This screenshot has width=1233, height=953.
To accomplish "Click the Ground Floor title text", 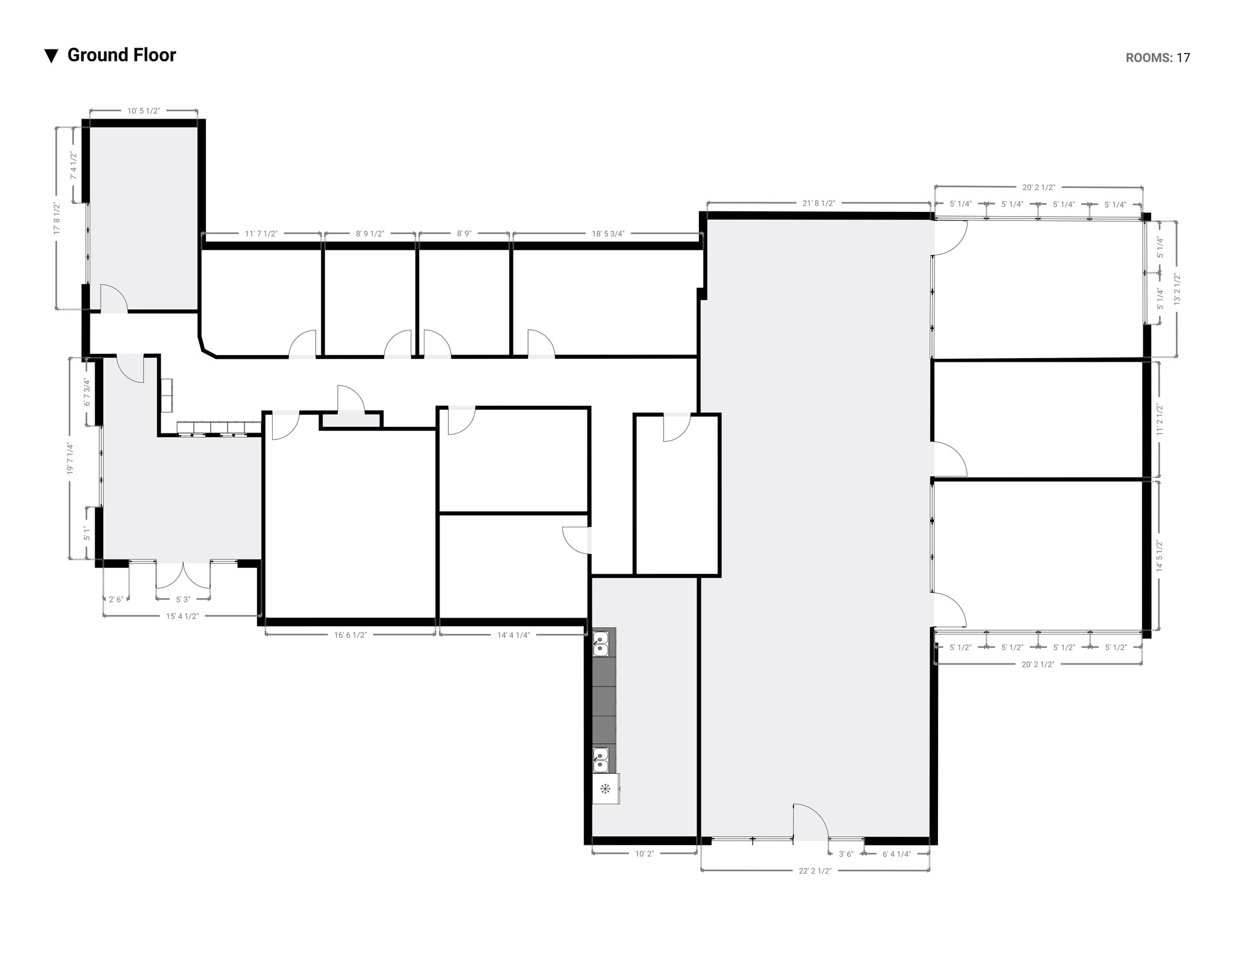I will pyautogui.click(x=121, y=55).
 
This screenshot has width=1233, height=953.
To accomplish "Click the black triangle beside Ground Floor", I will pyautogui.click(x=51, y=56).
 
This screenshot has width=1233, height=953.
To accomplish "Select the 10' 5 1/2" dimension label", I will pyautogui.click(x=143, y=111).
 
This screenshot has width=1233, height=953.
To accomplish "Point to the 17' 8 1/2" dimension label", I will pyautogui.click(x=57, y=221).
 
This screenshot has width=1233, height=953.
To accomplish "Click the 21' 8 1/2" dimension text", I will pyautogui.click(x=819, y=203).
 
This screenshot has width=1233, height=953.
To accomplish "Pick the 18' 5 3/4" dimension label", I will pyautogui.click(x=607, y=234).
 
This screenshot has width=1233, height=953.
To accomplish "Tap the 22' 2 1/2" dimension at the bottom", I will pyautogui.click(x=815, y=871).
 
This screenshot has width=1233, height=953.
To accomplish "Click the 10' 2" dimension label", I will pyautogui.click(x=644, y=854).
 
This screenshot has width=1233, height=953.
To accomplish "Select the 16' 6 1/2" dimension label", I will pyautogui.click(x=350, y=635).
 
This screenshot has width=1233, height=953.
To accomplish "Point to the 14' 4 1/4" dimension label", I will pyautogui.click(x=513, y=635).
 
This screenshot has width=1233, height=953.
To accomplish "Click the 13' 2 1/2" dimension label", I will pyautogui.click(x=1176, y=290).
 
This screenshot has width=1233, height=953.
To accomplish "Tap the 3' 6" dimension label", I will pyautogui.click(x=846, y=854).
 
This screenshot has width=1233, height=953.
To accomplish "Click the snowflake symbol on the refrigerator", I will pyautogui.click(x=605, y=789).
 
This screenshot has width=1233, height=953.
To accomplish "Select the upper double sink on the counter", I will pyautogui.click(x=600, y=643).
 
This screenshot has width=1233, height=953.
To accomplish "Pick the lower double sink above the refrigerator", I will pyautogui.click(x=600, y=760).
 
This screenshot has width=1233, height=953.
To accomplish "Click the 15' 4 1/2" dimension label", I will pyautogui.click(x=182, y=616).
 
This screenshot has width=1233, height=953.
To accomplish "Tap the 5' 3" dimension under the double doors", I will pyautogui.click(x=183, y=600).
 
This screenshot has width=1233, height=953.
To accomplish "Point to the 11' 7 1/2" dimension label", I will pyautogui.click(x=261, y=234).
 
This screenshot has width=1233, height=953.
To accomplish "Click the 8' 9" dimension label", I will pyautogui.click(x=464, y=234).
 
